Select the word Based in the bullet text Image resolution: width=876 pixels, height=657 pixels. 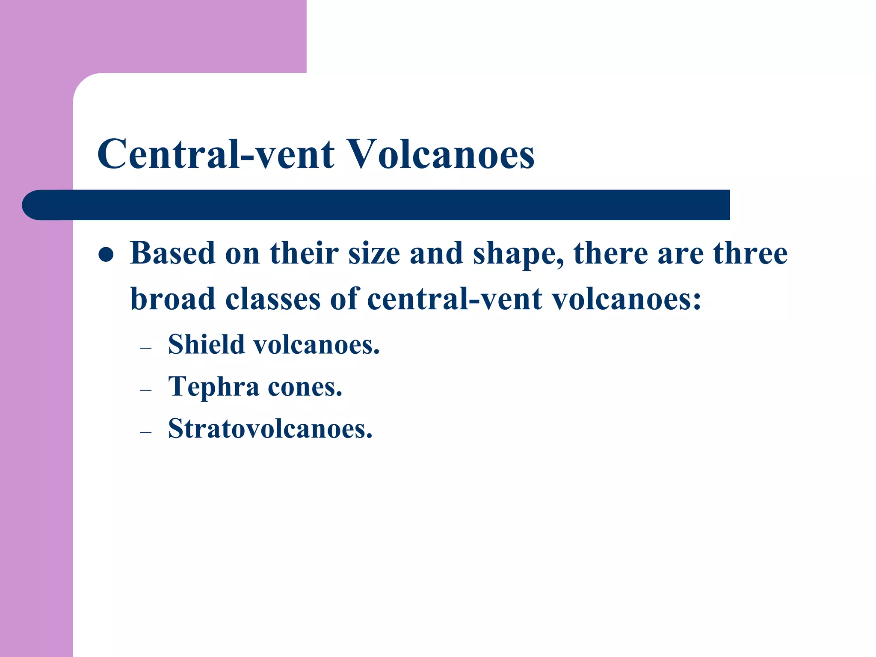(x=172, y=253)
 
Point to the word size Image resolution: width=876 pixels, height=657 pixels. (x=374, y=253)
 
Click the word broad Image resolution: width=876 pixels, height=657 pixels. (x=172, y=299)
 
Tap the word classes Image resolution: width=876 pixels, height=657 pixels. (x=273, y=299)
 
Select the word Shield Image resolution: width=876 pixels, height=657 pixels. (x=206, y=344)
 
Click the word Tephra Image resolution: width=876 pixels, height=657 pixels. (x=214, y=386)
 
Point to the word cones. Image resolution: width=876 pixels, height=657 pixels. (x=305, y=387)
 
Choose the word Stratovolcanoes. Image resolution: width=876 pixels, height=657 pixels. (x=270, y=428)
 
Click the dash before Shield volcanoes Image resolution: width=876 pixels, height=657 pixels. (x=146, y=348)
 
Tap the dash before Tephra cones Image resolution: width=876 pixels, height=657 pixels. (x=146, y=390)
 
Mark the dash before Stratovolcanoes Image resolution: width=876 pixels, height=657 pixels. (x=146, y=432)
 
